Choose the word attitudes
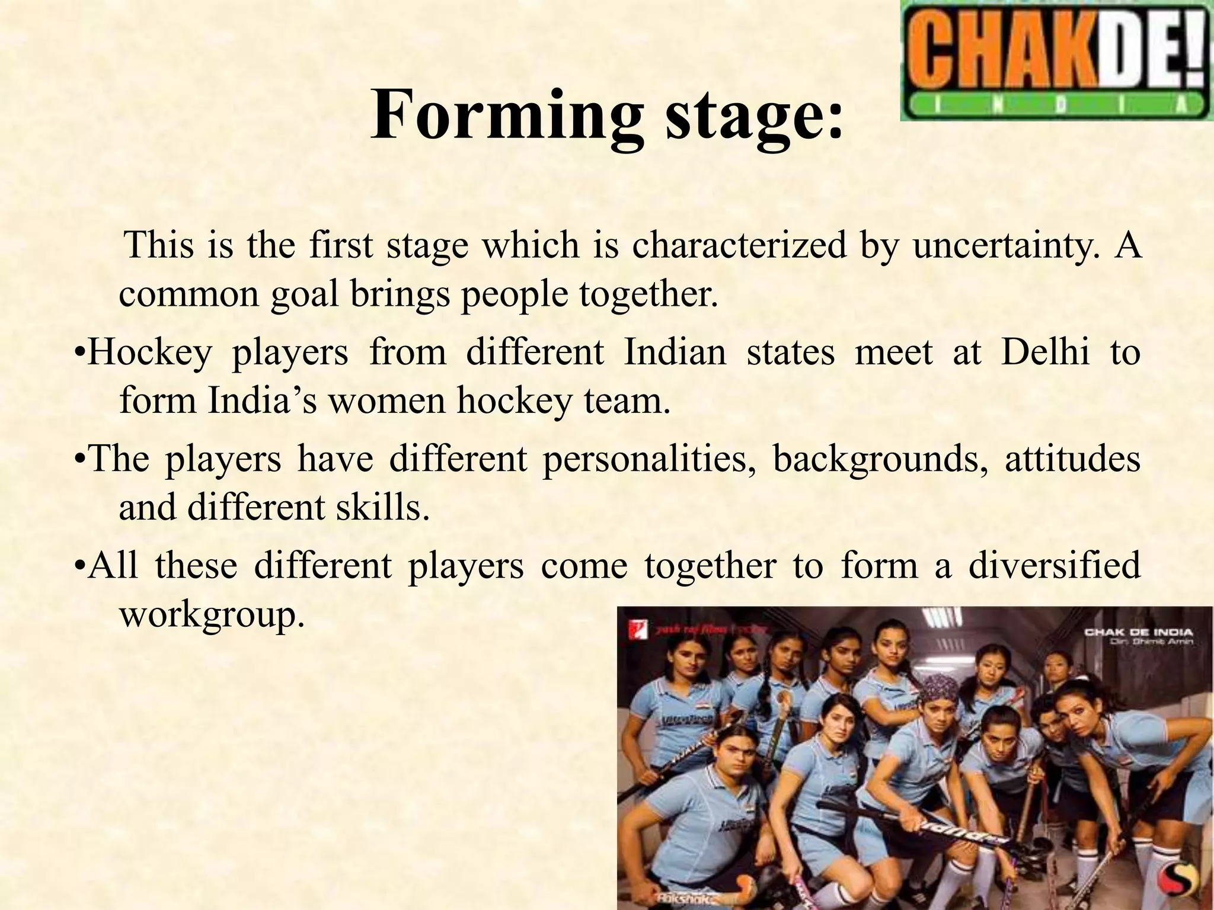click(x=1072, y=459)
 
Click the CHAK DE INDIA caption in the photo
click(x=1139, y=632)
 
